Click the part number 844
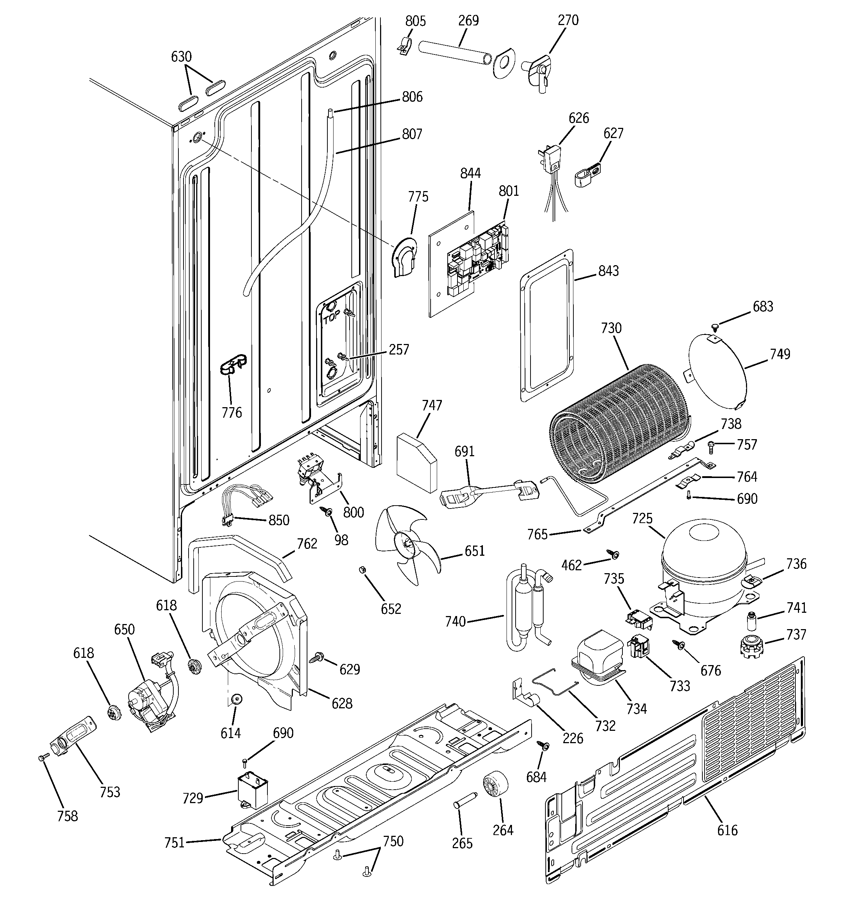click(x=470, y=173)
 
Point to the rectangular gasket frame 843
click(x=547, y=325)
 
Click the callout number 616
click(x=727, y=830)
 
